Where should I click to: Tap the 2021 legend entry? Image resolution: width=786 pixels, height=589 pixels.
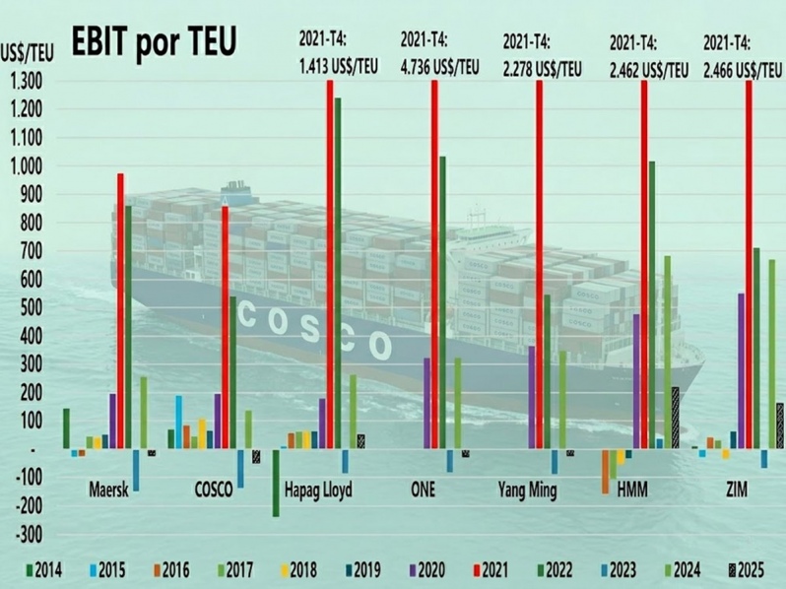[496, 569]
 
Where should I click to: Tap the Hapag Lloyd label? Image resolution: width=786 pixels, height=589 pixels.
[317, 490]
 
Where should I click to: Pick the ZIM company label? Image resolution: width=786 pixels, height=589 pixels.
[735, 490]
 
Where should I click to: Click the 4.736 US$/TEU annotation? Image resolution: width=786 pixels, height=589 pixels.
[439, 68]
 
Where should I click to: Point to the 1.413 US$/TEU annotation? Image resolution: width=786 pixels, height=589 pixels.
[339, 68]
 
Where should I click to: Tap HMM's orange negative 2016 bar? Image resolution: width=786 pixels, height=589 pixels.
[605, 471]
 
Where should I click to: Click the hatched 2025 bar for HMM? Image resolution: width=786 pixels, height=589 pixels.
[675, 418]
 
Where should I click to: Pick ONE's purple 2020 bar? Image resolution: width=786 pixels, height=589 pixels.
[426, 403]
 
